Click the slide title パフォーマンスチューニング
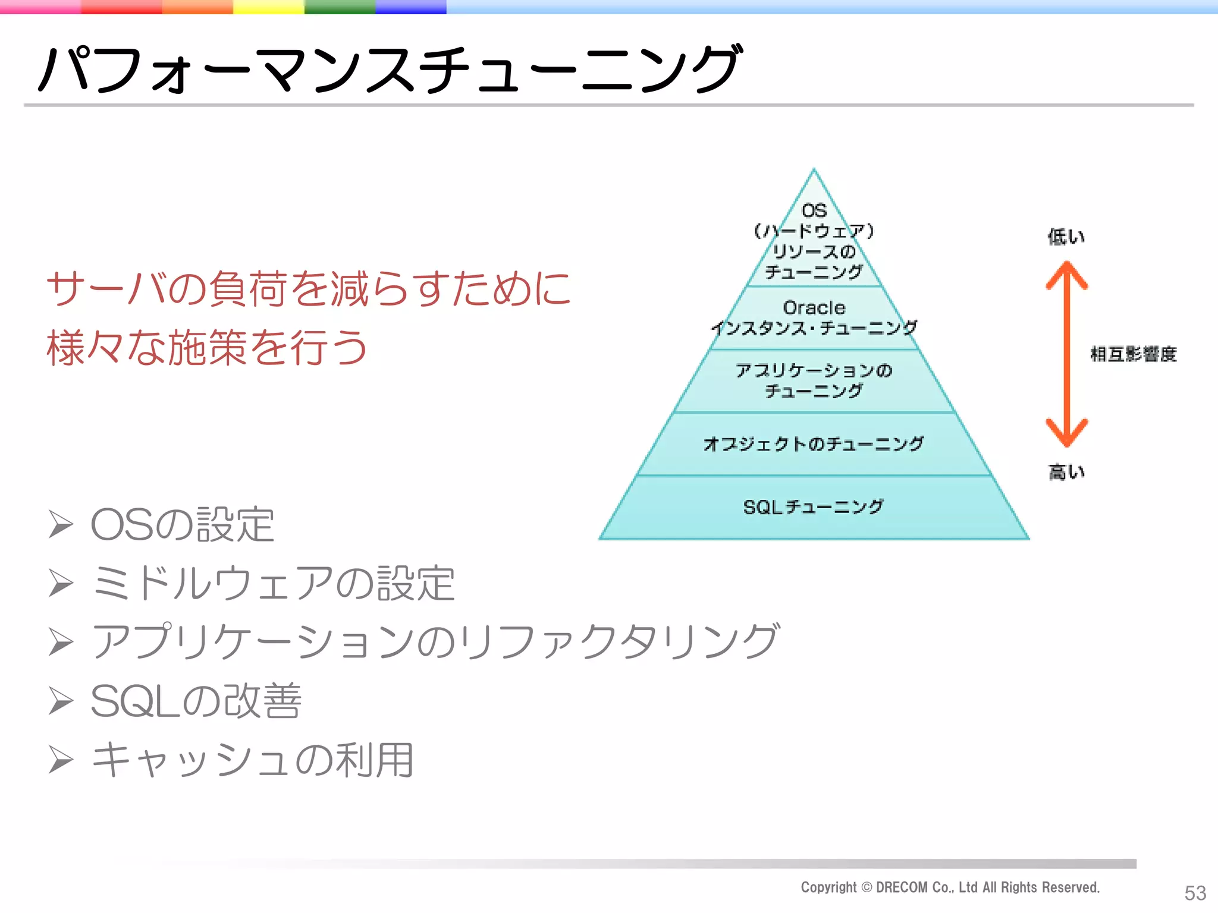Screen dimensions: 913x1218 coord(390,70)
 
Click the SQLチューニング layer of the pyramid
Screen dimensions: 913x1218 coord(813,507)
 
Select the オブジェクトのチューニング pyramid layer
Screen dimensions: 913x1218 coord(813,444)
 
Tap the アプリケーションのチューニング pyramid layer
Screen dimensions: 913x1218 coord(813,380)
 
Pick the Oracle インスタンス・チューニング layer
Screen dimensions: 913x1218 coord(814,318)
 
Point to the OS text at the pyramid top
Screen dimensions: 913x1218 coord(814,210)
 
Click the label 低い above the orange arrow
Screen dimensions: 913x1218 coord(1066,237)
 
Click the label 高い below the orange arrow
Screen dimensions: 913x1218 coord(1066,472)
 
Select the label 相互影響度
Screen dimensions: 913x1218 coord(1133,354)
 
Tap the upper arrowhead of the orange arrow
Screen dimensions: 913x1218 coord(1066,274)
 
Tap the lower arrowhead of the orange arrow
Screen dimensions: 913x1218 coord(1066,434)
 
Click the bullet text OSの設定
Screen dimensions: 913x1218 coord(182,525)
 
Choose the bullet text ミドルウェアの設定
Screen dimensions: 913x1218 coord(273,583)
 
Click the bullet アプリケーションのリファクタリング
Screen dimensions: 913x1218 coord(435,641)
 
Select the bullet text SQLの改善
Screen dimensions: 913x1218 coord(196,701)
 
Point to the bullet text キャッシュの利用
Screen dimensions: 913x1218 coord(253,760)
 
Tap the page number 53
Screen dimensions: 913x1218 coord(1195,893)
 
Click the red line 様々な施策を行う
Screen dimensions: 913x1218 coord(207,348)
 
